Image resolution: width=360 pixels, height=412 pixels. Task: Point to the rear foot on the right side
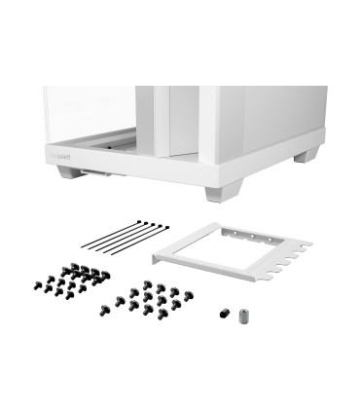[x=308, y=154]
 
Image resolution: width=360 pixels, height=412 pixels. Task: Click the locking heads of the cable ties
[x=146, y=226]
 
